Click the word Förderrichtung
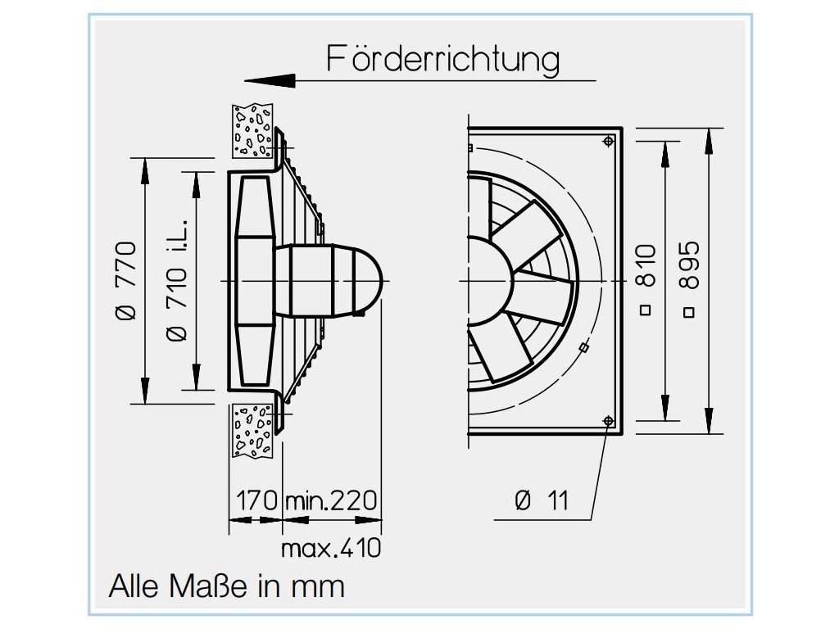coord(443,60)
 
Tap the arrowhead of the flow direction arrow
coord(270,80)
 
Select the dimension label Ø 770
coord(125,281)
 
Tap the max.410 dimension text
coord(331,547)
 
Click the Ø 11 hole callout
coord(542,500)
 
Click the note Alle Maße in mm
coord(227,586)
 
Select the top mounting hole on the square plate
coord(607,142)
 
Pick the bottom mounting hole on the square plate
coord(607,421)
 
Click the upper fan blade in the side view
coord(254,206)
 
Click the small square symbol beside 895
coord(689,311)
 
